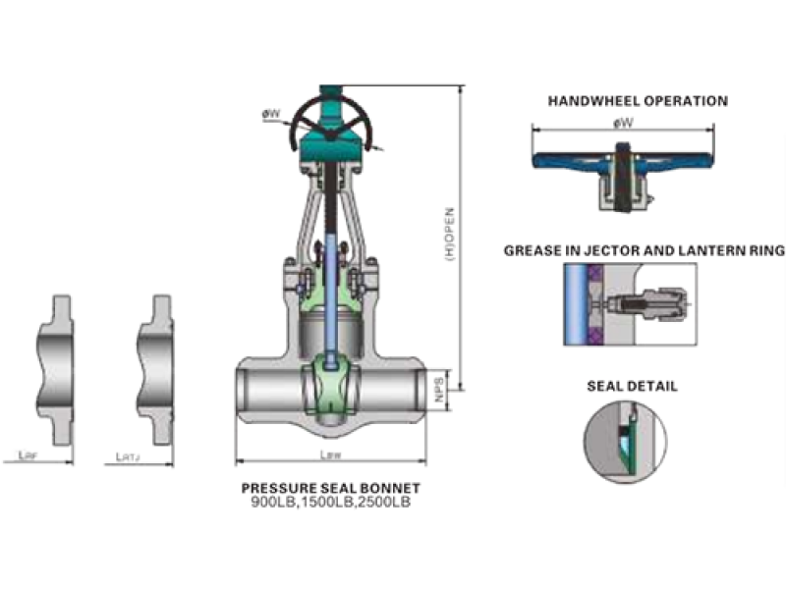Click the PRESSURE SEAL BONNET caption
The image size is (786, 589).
tap(330, 488)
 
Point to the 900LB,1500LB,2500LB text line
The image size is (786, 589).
tap(330, 502)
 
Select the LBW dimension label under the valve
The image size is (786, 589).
tap(330, 454)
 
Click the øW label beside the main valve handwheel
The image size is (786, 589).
tap(270, 114)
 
